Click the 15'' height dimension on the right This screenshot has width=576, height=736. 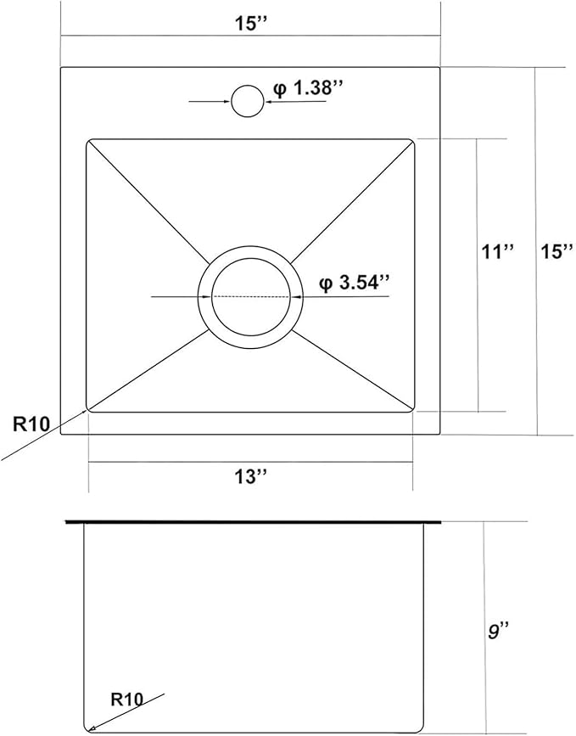click(557, 251)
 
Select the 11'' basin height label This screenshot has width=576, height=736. click(495, 251)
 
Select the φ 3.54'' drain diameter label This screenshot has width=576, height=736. click(355, 283)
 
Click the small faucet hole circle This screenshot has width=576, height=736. click(249, 101)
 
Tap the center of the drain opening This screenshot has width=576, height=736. click(251, 296)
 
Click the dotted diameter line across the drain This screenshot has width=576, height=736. click(251, 296)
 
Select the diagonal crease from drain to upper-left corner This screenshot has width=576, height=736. click(148, 200)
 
